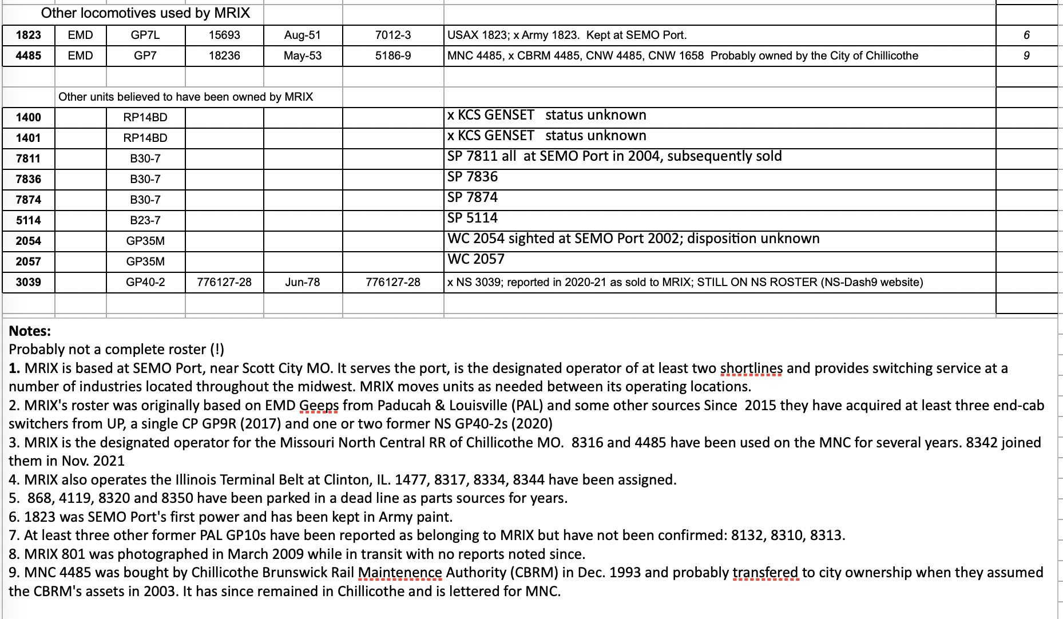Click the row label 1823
pyautogui.click(x=29, y=35)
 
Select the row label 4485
pyautogui.click(x=29, y=56)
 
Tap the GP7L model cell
pyautogui.click(x=145, y=35)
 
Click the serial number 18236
pyautogui.click(x=224, y=56)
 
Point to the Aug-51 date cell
pyautogui.click(x=303, y=35)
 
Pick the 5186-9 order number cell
pyautogui.click(x=393, y=56)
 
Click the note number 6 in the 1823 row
pyautogui.click(x=1026, y=35)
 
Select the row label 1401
pyautogui.click(x=29, y=138)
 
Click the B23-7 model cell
pyautogui.click(x=145, y=221)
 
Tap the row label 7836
pyautogui.click(x=29, y=180)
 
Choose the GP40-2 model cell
pyautogui.click(x=145, y=283)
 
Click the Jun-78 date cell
pyautogui.click(x=303, y=283)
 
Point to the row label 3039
pyautogui.click(x=29, y=283)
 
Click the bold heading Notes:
pyautogui.click(x=30, y=331)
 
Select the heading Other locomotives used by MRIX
pyautogui.click(x=145, y=13)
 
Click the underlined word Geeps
pyautogui.click(x=319, y=406)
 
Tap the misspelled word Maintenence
pyautogui.click(x=400, y=573)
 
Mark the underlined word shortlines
pyautogui.click(x=751, y=368)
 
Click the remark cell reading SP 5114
pyautogui.click(x=473, y=219)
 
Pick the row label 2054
pyautogui.click(x=29, y=241)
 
